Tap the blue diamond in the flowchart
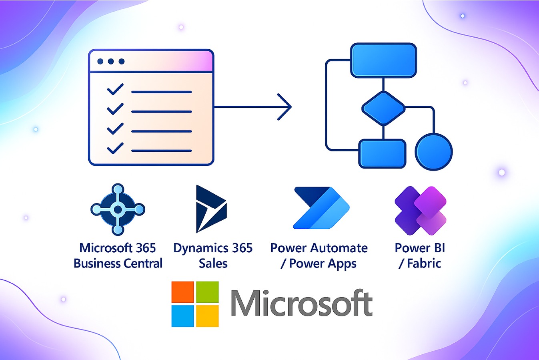click(383, 108)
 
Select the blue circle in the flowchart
click(434, 152)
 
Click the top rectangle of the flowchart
click(383, 60)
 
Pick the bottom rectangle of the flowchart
click(382, 153)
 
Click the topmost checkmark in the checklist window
click(115, 90)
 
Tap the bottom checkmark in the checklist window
click(115, 148)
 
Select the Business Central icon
click(118, 209)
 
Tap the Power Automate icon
click(321, 208)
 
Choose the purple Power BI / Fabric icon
click(420, 210)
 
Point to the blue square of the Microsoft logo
click(182, 316)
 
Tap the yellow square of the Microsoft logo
click(207, 316)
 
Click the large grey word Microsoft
click(301, 304)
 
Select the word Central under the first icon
click(142, 263)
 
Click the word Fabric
click(424, 263)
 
